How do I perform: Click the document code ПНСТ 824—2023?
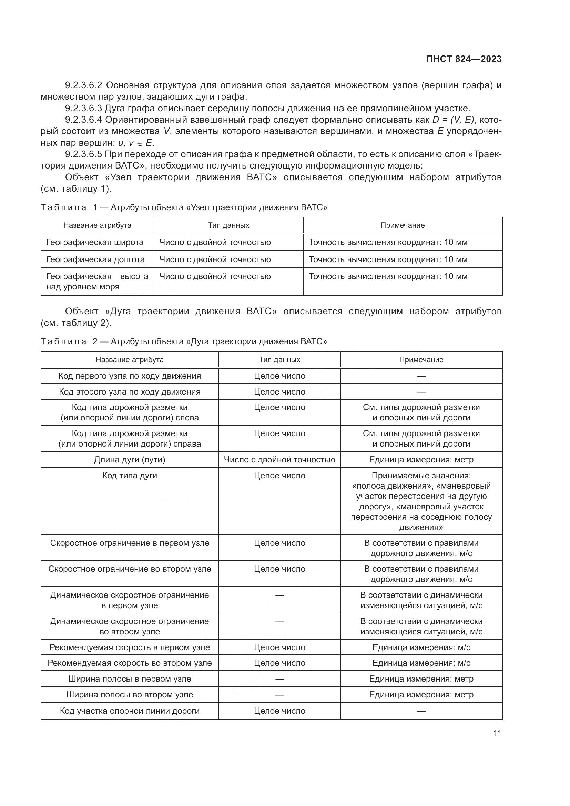pos(464,59)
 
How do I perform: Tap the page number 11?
pos(497,733)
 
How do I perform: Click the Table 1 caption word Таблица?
pos(63,207)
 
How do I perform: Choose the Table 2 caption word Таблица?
pos(63,341)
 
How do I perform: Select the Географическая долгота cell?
pos(95,259)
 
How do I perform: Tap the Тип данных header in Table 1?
pos(228,225)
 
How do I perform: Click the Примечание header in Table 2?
pos(421,359)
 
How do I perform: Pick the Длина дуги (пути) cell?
pos(130,460)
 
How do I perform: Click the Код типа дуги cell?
pos(130,475)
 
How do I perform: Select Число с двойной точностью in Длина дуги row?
pos(279,460)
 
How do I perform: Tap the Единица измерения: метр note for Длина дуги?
pos(421,460)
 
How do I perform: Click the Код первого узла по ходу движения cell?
pos(130,376)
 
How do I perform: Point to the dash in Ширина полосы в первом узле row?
pos(279,679)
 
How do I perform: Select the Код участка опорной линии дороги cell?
pos(130,711)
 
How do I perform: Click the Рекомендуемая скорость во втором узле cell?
pos(130,663)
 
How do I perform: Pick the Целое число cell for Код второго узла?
pos(279,392)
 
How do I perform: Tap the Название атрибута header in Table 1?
pos(97,225)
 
